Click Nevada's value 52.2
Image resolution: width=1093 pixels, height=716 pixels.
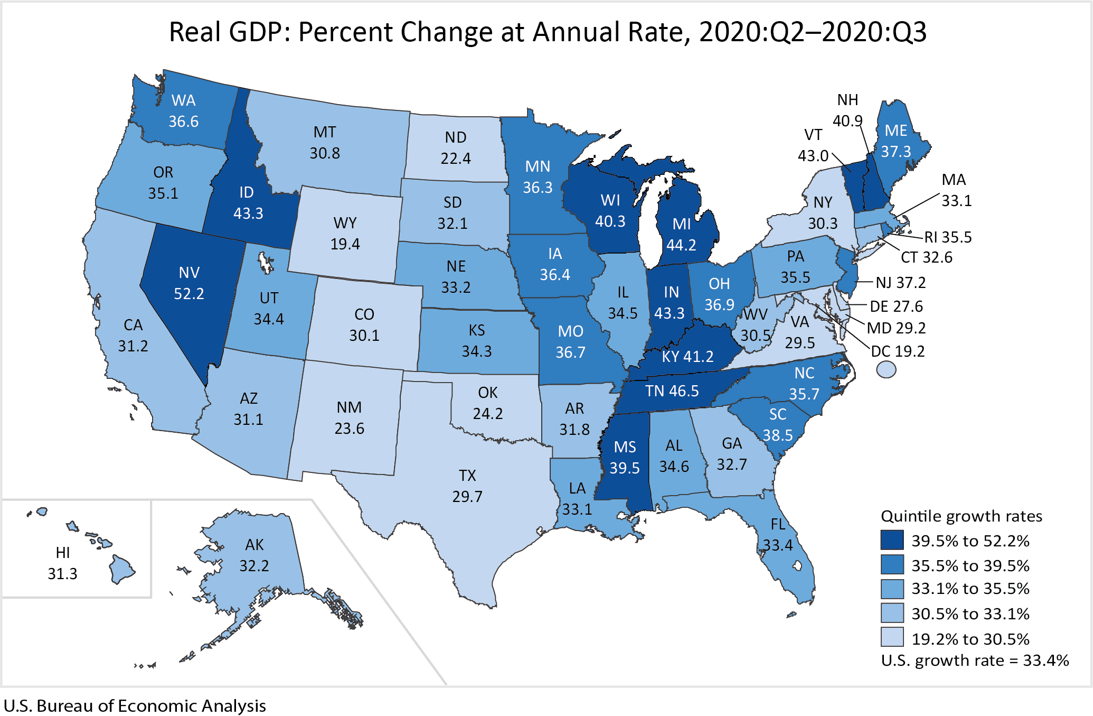(x=189, y=294)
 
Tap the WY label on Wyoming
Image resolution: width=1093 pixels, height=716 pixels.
(x=345, y=223)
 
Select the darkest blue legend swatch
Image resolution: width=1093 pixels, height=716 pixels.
(x=892, y=540)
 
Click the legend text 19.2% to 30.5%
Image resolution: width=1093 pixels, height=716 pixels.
(x=970, y=639)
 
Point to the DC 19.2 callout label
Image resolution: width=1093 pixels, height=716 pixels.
(x=898, y=351)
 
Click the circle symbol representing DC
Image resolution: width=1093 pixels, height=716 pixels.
(x=886, y=369)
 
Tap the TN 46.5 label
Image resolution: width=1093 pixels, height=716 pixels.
(x=672, y=391)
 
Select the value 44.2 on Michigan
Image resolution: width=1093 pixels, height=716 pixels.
(x=681, y=245)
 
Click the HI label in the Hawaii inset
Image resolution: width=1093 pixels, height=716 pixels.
(x=63, y=553)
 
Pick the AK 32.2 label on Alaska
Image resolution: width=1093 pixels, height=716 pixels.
(x=255, y=555)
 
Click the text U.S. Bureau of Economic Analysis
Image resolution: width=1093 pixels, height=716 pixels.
(x=135, y=706)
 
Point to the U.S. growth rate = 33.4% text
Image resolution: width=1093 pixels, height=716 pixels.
(x=975, y=661)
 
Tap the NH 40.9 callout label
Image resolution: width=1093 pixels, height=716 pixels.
(x=848, y=110)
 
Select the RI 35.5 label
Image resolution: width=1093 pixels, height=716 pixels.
(x=948, y=237)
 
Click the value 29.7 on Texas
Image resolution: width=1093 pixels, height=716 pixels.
(x=467, y=497)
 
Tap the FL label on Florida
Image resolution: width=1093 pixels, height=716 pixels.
(x=778, y=524)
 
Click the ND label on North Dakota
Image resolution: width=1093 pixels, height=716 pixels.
(x=456, y=137)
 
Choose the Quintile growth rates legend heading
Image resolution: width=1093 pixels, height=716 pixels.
(x=962, y=516)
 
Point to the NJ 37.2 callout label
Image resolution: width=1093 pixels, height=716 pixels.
(x=900, y=283)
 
